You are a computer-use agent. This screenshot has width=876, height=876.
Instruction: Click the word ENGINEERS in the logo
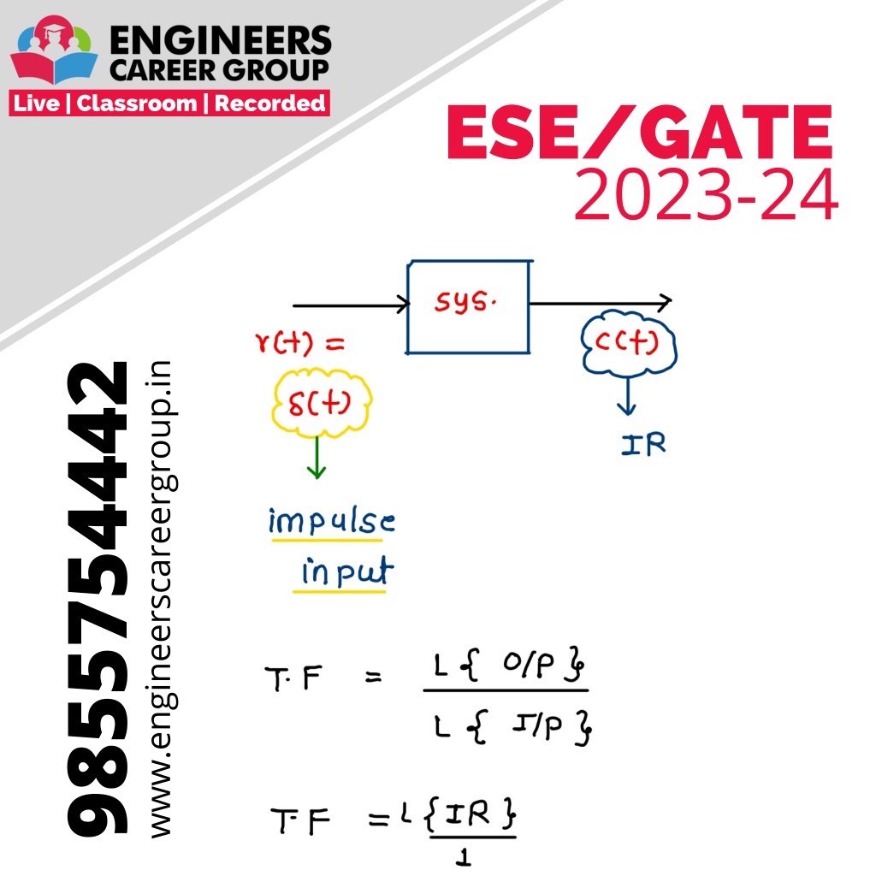point(221,41)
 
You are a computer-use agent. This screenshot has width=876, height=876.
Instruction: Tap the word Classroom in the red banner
point(137,104)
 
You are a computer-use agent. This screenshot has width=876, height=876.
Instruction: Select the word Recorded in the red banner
point(269,104)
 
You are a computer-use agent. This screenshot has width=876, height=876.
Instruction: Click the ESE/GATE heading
point(640,133)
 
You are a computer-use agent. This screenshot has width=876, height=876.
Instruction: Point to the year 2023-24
point(706,194)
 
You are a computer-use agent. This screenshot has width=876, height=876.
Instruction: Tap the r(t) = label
point(299,342)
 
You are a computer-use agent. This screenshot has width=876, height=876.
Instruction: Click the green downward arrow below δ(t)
point(317,457)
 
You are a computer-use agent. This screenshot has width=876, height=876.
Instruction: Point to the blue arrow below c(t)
point(627,395)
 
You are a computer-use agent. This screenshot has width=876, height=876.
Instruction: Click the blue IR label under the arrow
point(643,445)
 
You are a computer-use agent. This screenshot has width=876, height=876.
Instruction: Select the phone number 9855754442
point(98,598)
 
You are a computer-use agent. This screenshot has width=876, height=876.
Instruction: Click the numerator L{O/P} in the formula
point(508,664)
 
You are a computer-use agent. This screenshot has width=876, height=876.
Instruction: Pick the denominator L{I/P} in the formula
point(512,726)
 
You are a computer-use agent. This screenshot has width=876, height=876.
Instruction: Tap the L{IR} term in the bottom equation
point(459,814)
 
